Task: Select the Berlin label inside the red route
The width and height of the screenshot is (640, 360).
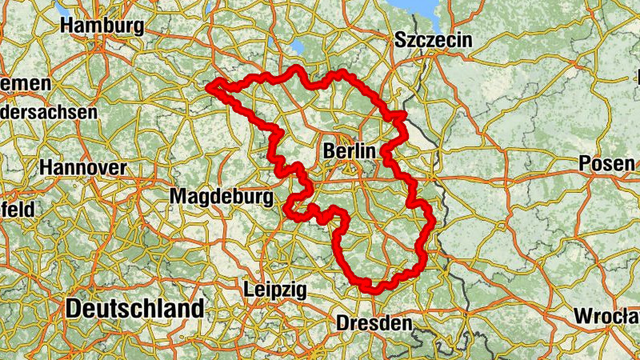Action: pyautogui.click(x=350, y=150)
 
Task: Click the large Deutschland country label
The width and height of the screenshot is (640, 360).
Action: pyautogui.click(x=135, y=309)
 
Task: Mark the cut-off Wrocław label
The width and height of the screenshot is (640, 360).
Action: pyautogui.click(x=606, y=316)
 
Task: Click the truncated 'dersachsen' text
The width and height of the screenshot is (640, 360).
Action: pyautogui.click(x=48, y=113)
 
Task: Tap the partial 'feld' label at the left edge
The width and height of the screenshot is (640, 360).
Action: pyautogui.click(x=18, y=210)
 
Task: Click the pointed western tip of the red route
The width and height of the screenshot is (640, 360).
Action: pyautogui.click(x=209, y=86)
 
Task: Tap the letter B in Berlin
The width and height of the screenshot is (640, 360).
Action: pyautogui.click(x=329, y=150)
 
